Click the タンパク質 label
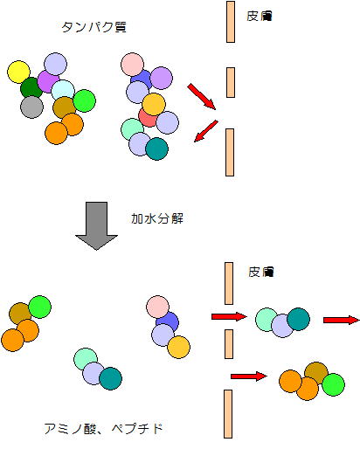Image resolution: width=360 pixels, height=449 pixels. [x=94, y=27]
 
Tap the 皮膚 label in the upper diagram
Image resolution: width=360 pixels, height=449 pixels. [x=260, y=16]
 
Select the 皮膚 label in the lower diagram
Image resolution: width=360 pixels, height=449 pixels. [x=261, y=272]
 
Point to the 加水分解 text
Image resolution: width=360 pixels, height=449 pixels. [x=157, y=218]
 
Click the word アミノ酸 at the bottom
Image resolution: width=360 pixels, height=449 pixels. [x=70, y=429]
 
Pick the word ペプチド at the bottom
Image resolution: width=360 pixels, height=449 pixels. [x=137, y=429]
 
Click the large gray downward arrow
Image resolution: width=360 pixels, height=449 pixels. [x=96, y=225]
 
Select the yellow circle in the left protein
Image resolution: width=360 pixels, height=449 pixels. [x=18, y=72]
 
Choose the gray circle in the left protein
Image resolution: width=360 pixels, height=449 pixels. [x=31, y=107]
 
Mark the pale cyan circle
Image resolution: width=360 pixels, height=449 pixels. [x=63, y=91]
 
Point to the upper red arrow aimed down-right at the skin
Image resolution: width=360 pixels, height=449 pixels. [x=202, y=97]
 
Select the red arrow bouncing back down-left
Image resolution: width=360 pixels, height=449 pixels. [x=206, y=131]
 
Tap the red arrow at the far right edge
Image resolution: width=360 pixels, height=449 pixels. [x=342, y=321]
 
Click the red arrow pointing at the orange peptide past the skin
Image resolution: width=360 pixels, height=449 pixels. [x=249, y=376]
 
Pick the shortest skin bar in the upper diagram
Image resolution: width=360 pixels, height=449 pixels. [x=231, y=82]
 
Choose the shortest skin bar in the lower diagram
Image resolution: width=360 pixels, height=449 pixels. [x=229, y=344]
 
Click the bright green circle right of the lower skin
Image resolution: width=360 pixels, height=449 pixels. [x=334, y=384]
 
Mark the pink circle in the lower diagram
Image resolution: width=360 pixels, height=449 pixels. [x=157, y=307]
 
